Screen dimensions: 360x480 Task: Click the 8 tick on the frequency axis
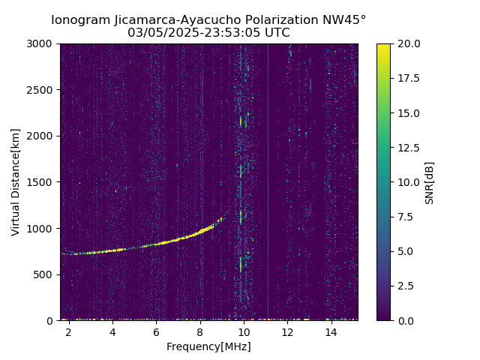tap(200, 331)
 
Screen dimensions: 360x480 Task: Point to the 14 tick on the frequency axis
tap(331, 331)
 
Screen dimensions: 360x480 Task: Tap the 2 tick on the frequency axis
tap(69, 331)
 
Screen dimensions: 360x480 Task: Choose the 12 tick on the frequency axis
tap(287, 331)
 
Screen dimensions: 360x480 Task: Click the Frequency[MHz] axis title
tap(208, 346)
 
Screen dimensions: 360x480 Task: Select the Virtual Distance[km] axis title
tap(16, 182)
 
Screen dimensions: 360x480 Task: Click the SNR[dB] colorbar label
tap(430, 182)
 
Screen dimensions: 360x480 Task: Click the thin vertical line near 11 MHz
tap(268, 187)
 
